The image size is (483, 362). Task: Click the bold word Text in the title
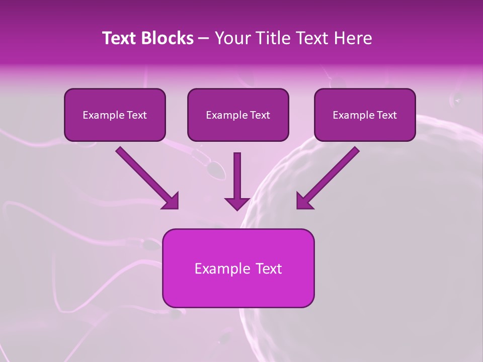120,38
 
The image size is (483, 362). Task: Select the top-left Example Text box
115,115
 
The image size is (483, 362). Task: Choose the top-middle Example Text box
238,115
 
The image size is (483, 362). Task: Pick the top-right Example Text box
365,115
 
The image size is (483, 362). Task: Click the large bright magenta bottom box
238,268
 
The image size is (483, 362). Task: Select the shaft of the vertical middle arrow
237,173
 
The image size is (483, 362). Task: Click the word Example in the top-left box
101,115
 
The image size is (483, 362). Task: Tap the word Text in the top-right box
386,115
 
